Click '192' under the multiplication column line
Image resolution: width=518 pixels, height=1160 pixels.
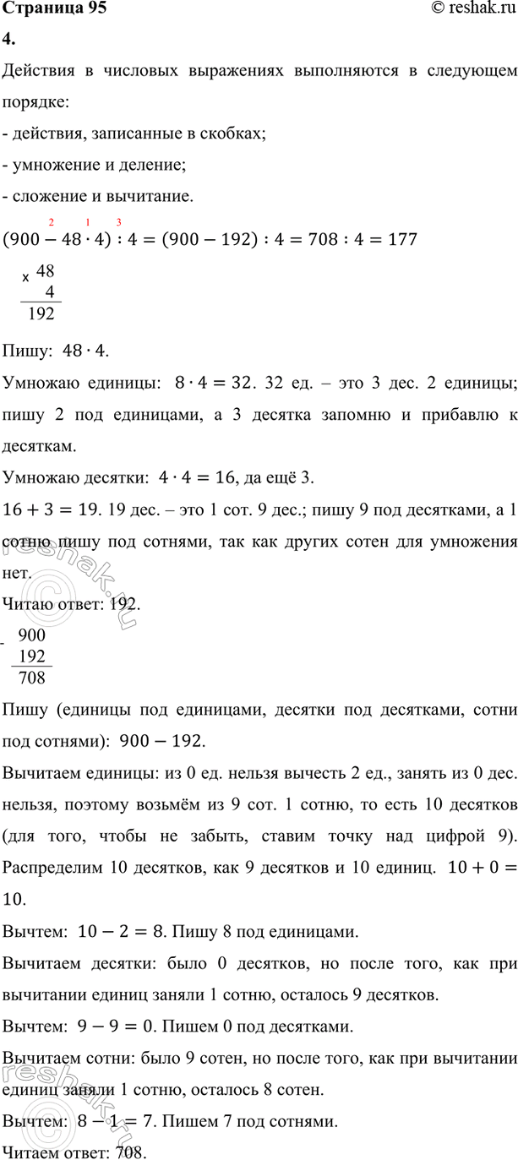41,314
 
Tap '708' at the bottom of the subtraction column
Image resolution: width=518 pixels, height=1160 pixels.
32,677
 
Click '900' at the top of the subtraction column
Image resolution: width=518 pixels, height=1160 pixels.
32,636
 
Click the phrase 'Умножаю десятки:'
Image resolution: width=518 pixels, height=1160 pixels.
76,479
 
